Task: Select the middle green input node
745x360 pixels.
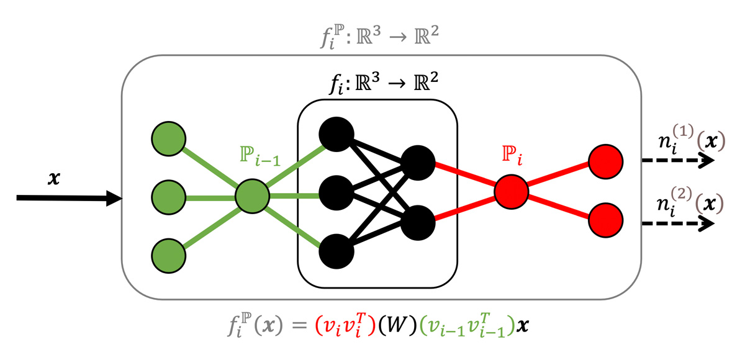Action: click(x=168, y=197)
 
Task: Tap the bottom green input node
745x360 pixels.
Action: click(x=168, y=254)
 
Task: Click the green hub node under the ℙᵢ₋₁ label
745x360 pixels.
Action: click(x=252, y=197)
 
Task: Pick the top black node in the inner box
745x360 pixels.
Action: click(x=336, y=133)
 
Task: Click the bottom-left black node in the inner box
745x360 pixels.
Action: click(x=336, y=251)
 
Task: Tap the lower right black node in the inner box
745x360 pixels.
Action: click(x=417, y=223)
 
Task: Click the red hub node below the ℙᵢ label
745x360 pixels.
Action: click(x=511, y=191)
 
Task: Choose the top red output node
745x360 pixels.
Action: click(x=605, y=160)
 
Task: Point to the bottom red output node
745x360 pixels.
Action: click(x=605, y=220)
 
